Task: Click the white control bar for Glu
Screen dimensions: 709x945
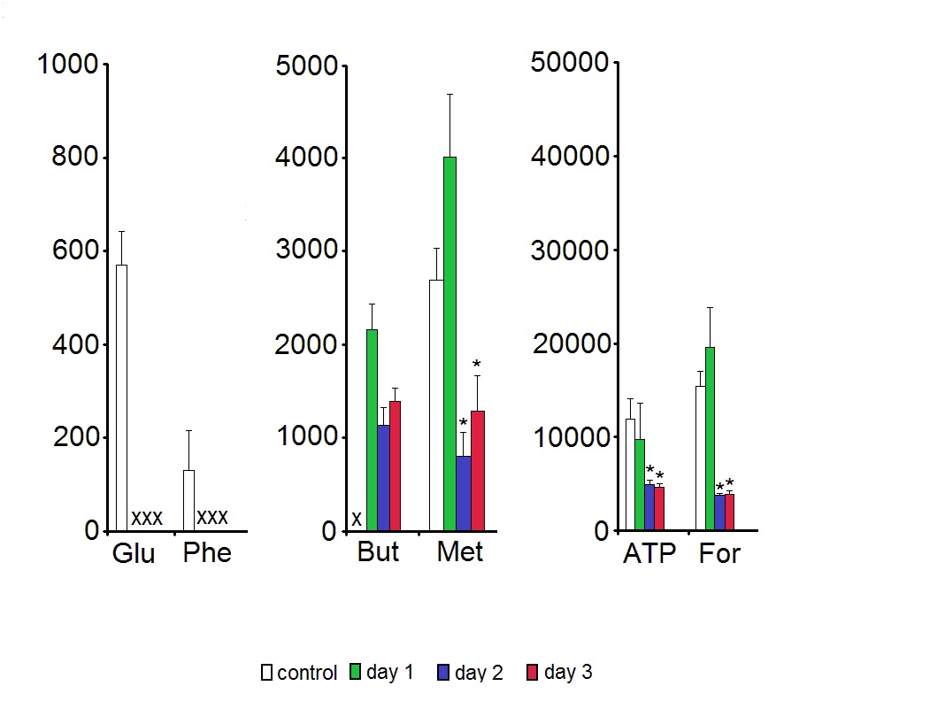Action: pos(121,397)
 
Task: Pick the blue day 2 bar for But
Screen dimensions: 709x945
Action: pos(383,478)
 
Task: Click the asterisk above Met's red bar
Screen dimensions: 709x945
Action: pos(476,365)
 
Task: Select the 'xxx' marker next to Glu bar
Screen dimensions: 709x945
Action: pos(147,519)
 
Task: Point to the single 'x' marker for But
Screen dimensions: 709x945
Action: pos(357,519)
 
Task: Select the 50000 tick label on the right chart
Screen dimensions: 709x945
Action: pos(570,63)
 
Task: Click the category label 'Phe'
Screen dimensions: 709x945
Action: pos(207,553)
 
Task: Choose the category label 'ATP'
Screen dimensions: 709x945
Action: pos(649,554)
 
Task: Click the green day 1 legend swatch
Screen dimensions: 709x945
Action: pos(357,672)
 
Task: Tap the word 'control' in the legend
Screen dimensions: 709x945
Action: pos(307,674)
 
